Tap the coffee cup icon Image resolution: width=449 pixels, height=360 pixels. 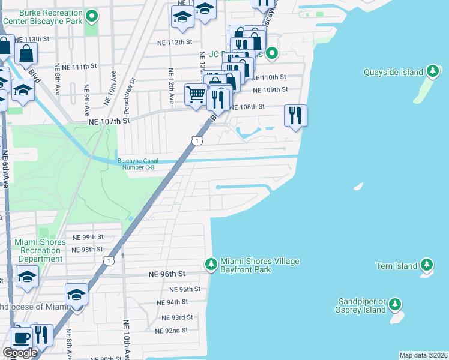pos(22,337)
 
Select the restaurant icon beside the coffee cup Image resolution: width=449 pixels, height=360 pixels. pos(41,335)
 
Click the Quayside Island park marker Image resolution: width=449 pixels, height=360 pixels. pos(432,72)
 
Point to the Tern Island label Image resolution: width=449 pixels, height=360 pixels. pos(396,265)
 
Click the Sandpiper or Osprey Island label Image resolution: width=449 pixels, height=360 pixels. pos(360,305)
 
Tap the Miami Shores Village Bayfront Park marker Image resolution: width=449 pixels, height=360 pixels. pos(211,264)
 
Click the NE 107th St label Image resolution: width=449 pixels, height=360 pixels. pos(109,121)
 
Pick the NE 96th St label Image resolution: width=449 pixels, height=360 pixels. pos(167,274)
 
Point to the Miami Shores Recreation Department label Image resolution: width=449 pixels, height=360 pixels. pos(40,251)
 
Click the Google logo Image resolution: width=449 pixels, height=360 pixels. pos(20,353)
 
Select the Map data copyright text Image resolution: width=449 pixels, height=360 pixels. pos(424,355)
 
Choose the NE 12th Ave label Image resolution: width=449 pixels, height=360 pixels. pos(172,83)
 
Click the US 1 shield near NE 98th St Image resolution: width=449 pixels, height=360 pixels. pos(109,260)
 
